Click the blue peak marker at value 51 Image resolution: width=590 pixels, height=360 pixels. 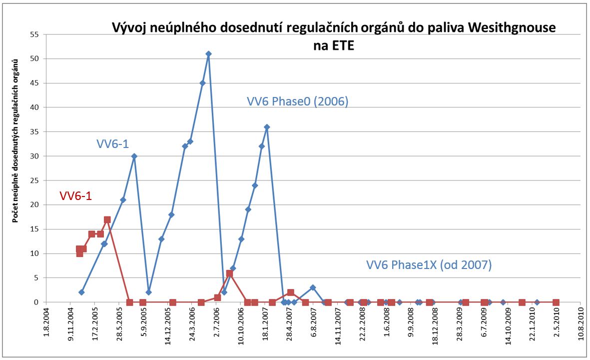coord(208,54)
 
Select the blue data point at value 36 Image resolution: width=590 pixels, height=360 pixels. coord(267,127)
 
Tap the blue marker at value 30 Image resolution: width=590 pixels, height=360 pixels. coord(134,156)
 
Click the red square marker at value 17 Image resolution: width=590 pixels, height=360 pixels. coord(107,219)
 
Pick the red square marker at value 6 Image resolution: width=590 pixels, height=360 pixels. coord(229,273)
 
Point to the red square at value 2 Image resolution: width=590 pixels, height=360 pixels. coord(290,292)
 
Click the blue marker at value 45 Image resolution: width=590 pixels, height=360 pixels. coord(202,83)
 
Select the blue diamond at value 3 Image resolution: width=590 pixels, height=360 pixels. coord(313,287)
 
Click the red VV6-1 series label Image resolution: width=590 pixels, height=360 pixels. coord(75,196)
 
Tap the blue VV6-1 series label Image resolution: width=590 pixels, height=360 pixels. coord(113,144)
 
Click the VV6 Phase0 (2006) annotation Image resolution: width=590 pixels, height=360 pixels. coord(297,101)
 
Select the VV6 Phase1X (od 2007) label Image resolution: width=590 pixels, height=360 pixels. coord(429,264)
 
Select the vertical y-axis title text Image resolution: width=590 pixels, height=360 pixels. coord(15,140)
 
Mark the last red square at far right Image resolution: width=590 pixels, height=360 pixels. coord(556,302)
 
